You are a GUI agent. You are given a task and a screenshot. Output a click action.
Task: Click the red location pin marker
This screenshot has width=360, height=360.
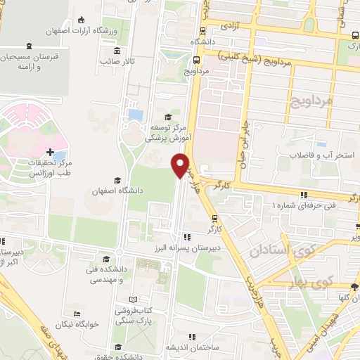180,165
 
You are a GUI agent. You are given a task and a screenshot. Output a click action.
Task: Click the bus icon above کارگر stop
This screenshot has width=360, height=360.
214,218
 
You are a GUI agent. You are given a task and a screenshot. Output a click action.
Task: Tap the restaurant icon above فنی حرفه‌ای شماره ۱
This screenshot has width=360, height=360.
304,195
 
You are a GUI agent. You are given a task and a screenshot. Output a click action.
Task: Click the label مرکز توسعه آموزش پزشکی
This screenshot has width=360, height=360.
166,133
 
